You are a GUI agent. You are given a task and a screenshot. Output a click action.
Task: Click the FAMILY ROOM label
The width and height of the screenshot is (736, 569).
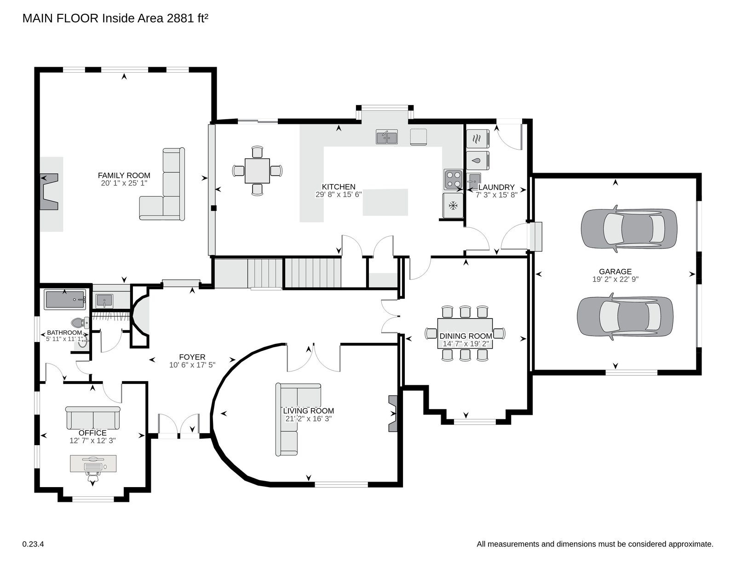[124, 175]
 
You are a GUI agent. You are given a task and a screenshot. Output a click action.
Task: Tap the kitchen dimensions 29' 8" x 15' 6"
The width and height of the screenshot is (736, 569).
[339, 195]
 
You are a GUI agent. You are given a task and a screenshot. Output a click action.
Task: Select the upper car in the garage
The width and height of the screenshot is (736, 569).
[629, 229]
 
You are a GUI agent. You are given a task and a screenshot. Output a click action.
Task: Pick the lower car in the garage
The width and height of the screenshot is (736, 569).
[625, 317]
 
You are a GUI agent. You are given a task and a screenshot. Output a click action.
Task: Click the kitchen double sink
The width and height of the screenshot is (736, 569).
[386, 137]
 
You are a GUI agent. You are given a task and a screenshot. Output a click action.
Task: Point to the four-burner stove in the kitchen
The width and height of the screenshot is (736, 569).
[453, 180]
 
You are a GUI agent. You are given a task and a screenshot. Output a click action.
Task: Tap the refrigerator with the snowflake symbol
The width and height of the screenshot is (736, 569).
[453, 205]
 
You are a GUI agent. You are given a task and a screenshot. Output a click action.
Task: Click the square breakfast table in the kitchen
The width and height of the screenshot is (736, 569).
[257, 170]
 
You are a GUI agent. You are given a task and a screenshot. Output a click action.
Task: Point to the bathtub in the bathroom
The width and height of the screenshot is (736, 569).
[65, 300]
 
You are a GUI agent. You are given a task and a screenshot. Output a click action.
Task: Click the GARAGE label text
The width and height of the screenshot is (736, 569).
[615, 272]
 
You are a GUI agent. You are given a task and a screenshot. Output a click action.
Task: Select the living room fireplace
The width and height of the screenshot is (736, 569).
[393, 413]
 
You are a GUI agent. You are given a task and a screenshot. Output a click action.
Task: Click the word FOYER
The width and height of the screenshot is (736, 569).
[192, 357]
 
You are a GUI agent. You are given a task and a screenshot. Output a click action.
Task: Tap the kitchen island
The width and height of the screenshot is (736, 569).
[385, 202]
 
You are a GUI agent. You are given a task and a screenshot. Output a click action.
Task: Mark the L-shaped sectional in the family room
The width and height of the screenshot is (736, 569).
[162, 184]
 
